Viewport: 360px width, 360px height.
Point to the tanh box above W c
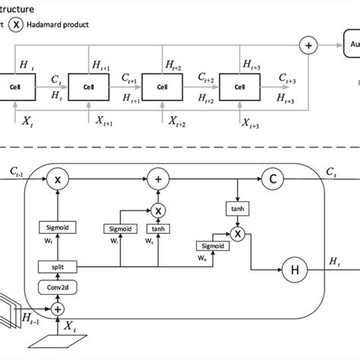(x=158, y=227)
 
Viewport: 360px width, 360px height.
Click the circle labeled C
(x=272, y=181)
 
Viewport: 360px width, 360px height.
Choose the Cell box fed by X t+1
(x=90, y=85)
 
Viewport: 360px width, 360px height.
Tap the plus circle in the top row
(x=308, y=46)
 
